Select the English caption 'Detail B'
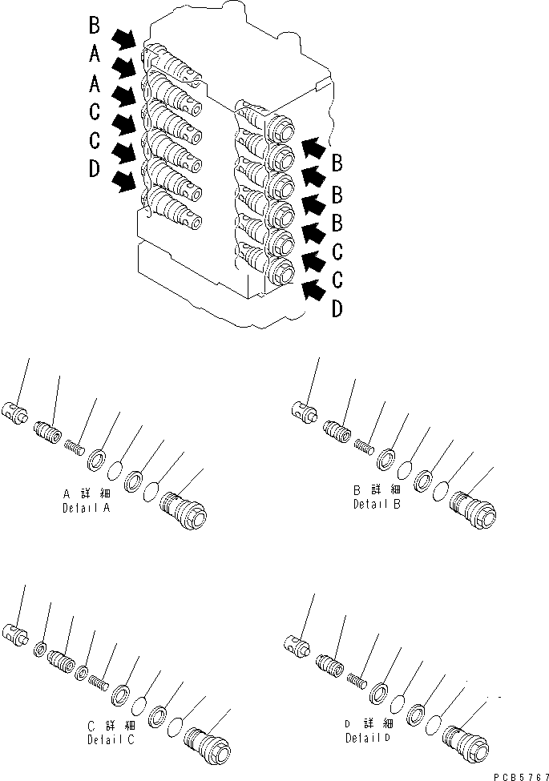[378, 505]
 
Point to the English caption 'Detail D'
[369, 738]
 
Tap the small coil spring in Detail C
[98, 683]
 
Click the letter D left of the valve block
[94, 169]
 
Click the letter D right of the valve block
[338, 308]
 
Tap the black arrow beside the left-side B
[123, 38]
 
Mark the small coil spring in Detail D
[357, 678]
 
